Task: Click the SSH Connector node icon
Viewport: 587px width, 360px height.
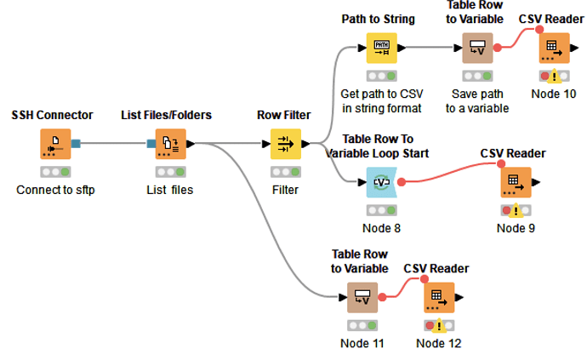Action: (55, 144)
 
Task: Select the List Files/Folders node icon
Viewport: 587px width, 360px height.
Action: (171, 144)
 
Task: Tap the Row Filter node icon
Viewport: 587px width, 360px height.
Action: (286, 144)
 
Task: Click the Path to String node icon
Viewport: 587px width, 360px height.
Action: (381, 48)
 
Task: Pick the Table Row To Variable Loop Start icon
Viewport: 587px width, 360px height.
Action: (381, 182)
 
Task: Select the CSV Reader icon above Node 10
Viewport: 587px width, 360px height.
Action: (554, 48)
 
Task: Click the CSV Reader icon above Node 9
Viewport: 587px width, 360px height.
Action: (516, 182)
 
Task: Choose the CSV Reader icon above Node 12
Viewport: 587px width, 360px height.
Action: (439, 297)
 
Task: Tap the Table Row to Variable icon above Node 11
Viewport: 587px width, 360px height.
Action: (362, 297)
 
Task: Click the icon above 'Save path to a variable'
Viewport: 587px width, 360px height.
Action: (477, 48)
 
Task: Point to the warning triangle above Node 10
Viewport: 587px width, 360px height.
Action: (554, 77)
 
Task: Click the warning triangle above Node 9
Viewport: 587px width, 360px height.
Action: (516, 210)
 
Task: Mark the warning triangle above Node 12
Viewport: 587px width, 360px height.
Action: (439, 326)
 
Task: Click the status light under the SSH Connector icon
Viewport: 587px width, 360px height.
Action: (55, 172)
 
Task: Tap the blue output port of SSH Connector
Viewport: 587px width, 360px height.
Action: (76, 144)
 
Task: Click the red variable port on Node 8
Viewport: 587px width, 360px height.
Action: (402, 182)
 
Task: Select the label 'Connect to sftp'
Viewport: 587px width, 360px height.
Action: (55, 190)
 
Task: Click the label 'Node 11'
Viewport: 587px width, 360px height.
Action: (362, 343)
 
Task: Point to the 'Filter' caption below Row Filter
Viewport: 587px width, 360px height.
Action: (285, 190)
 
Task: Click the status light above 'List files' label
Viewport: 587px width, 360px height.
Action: (171, 172)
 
